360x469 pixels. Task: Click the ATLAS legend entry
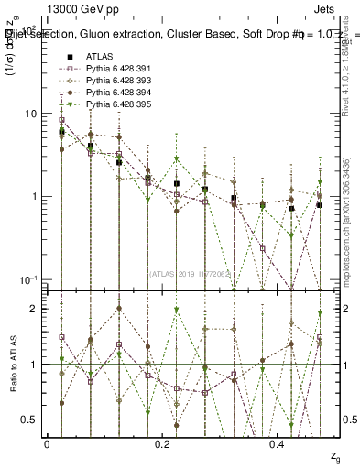point(99,57)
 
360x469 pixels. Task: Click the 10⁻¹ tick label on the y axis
point(27,279)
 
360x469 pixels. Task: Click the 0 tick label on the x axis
point(47,443)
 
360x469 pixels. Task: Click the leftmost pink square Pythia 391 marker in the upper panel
point(61,120)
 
